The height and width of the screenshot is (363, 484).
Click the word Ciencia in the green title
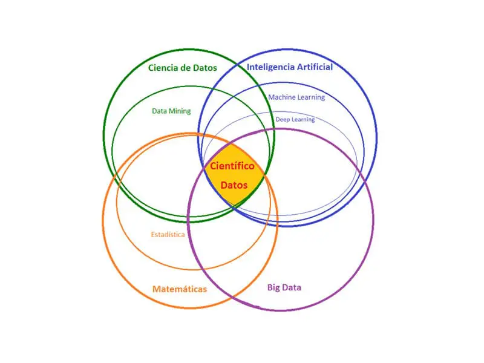coord(163,67)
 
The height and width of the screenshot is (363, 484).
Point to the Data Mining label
coord(171,111)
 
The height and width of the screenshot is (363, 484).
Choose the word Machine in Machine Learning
coord(282,97)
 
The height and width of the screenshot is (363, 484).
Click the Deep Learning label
coord(295,120)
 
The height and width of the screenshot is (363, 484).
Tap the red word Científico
coord(232,166)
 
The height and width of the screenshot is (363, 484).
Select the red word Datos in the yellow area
coord(234,185)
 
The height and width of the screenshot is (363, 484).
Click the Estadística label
coord(168,235)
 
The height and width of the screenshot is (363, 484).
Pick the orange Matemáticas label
coord(179,289)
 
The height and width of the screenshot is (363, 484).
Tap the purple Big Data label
coord(284,287)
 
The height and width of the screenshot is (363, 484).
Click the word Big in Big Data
coord(273,287)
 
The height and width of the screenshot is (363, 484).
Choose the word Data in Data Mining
coord(160,111)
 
